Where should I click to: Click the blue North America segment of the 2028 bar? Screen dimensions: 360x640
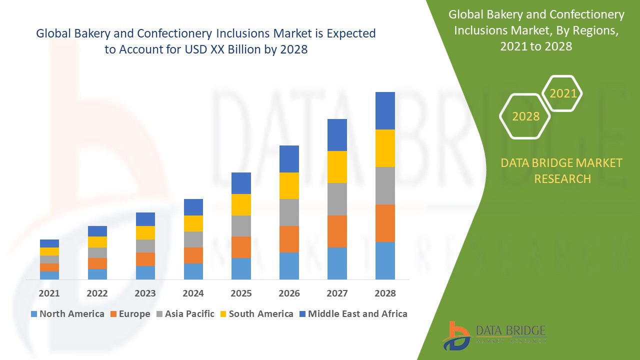coord(385,260)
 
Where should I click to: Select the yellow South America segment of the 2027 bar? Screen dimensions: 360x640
coord(337,167)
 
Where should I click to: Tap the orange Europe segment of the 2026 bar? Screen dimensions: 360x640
coord(289,239)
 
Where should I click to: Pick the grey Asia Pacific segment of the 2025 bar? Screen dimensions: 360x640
coord(241,226)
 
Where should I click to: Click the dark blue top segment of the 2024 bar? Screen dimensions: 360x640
coord(193,207)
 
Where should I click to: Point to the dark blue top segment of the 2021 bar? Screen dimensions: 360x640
coord(49,243)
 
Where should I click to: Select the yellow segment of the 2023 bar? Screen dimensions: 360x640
coord(145,232)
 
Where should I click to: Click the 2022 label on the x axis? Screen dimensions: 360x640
coord(97,293)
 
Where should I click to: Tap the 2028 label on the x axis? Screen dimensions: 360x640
coord(385,293)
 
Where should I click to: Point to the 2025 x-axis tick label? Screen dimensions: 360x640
coord(241,293)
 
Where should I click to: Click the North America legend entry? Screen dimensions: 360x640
coord(67,314)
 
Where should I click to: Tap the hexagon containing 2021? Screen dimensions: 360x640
coord(562,93)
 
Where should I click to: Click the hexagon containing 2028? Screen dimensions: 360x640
coord(525,116)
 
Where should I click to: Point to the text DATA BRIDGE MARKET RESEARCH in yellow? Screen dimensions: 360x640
coord(562,170)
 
